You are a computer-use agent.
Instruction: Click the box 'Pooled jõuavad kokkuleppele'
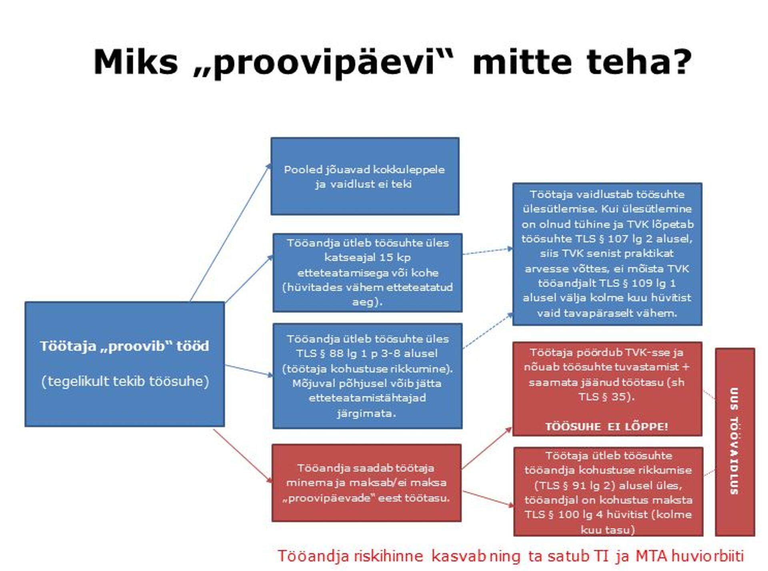click(364, 176)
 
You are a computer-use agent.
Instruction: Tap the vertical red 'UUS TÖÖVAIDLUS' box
click(734, 441)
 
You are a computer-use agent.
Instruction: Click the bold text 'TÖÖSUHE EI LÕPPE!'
click(606, 426)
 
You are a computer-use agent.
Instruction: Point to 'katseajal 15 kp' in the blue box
click(367, 257)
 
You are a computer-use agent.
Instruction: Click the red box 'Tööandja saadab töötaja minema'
click(366, 482)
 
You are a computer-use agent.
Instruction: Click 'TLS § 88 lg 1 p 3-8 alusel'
click(367, 354)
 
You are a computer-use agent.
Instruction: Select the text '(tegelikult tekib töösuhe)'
click(125, 381)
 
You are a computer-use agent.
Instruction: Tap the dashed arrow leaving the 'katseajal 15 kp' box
click(487, 251)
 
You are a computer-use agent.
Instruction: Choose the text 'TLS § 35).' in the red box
click(606, 397)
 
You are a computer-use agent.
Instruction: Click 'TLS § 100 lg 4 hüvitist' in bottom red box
click(586, 515)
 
